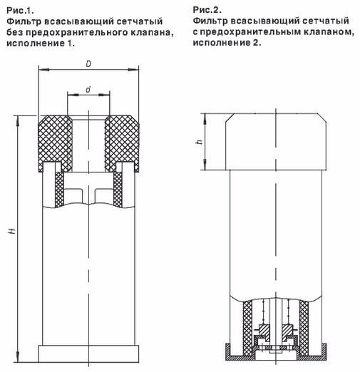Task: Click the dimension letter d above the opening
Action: tap(87, 88)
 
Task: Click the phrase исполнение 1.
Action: tap(40, 43)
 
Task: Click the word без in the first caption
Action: tap(14, 33)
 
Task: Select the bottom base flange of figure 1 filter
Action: tap(87, 354)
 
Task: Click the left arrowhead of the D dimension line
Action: tap(38, 70)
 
